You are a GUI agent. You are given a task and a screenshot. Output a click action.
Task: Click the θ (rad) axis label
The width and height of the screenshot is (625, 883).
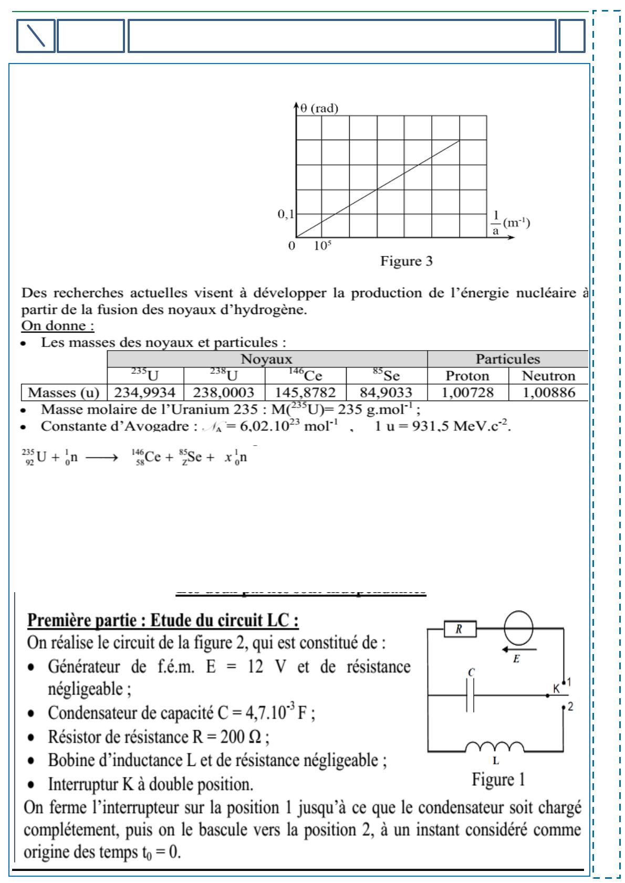[319, 109]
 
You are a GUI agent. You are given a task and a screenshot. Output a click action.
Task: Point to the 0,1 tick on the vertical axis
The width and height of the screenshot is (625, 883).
[286, 214]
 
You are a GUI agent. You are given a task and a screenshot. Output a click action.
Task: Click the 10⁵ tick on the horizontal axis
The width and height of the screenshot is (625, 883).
[322, 246]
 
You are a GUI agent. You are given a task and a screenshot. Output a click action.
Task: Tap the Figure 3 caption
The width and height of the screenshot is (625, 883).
[407, 261]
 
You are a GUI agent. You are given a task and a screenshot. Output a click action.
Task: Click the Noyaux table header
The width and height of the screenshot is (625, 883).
[266, 359]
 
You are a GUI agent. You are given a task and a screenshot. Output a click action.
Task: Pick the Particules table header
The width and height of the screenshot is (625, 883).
[507, 359]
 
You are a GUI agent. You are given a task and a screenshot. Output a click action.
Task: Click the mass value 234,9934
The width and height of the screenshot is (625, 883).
[145, 392]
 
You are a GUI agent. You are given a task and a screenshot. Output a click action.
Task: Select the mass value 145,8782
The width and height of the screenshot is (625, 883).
[306, 392]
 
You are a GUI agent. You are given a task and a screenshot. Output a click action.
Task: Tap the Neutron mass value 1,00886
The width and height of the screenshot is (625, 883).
[548, 392]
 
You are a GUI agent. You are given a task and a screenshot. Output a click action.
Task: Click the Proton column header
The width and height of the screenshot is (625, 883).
[467, 376]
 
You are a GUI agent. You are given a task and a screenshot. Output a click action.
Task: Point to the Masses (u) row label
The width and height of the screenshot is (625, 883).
[64, 392]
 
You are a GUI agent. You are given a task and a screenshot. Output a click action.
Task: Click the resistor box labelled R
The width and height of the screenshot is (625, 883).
[460, 629]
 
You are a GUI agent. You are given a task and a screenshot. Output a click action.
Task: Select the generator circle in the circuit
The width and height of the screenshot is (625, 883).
[518, 628]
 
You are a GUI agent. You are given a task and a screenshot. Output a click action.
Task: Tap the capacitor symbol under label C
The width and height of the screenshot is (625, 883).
[470, 696]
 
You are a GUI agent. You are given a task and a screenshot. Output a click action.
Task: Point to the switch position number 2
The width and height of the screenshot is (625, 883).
[570, 707]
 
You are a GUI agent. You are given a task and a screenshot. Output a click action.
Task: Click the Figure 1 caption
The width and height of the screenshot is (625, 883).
[498, 779]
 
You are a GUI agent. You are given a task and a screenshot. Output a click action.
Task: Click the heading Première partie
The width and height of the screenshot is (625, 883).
[163, 621]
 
